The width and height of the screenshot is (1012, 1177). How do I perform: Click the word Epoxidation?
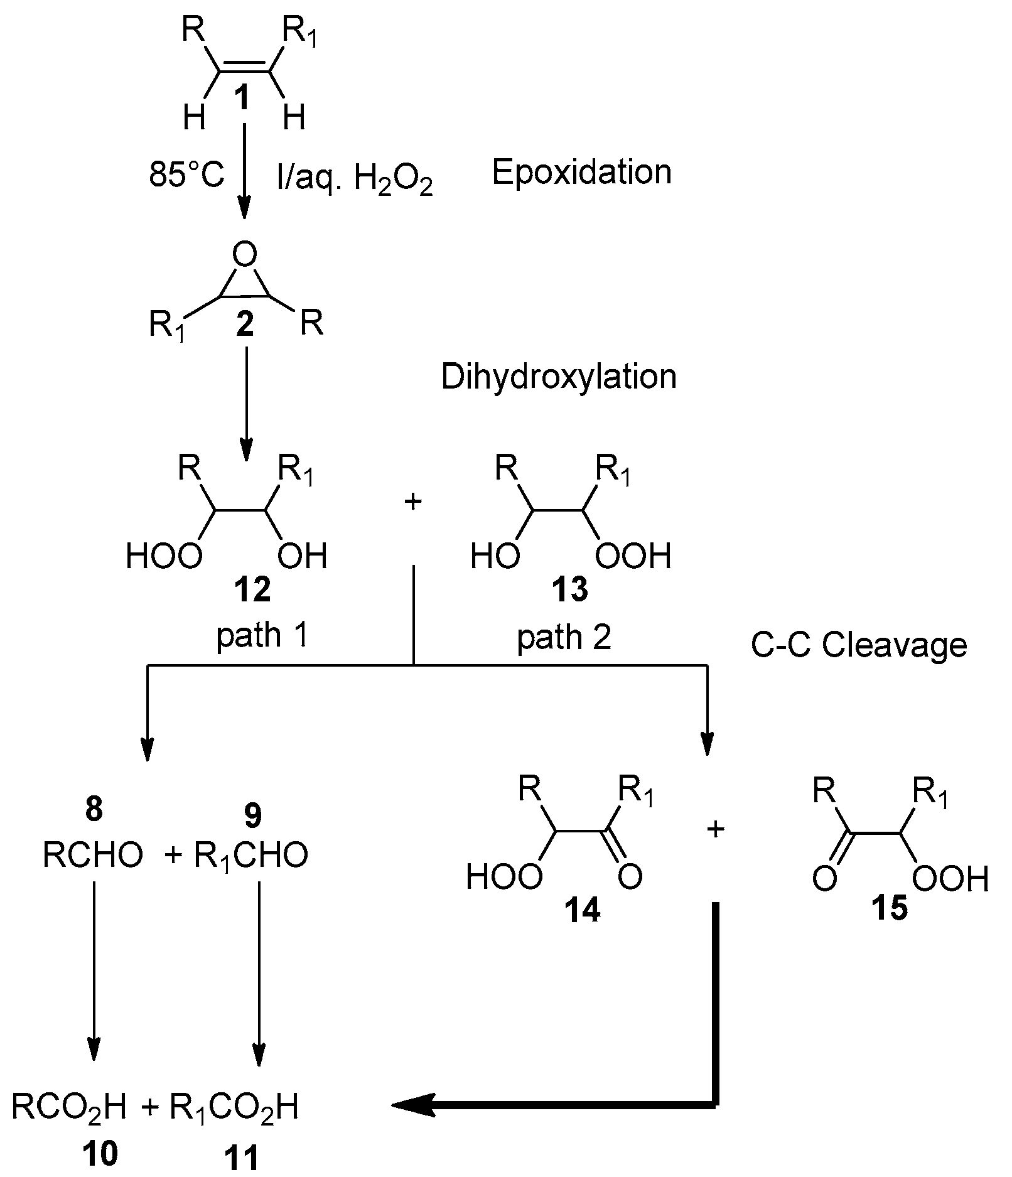point(581,172)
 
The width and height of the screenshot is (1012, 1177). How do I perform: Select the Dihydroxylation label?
point(559,377)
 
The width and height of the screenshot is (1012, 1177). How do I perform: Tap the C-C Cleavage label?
point(858,645)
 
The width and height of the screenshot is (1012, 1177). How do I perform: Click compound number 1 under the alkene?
point(240,98)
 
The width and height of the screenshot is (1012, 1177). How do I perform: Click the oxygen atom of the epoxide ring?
point(244,255)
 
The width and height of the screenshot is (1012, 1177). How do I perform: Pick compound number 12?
point(252,589)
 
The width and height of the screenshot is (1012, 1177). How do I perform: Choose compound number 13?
point(570,589)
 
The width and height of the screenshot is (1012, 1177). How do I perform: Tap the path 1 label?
point(262,636)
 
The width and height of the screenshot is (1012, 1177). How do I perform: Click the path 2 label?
point(564,638)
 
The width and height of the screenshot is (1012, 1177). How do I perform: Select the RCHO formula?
point(92,855)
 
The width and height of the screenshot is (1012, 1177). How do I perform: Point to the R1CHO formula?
point(251,855)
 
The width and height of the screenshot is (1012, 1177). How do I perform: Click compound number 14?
point(583,910)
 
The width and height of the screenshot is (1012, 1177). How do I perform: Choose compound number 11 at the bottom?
point(242,1159)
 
